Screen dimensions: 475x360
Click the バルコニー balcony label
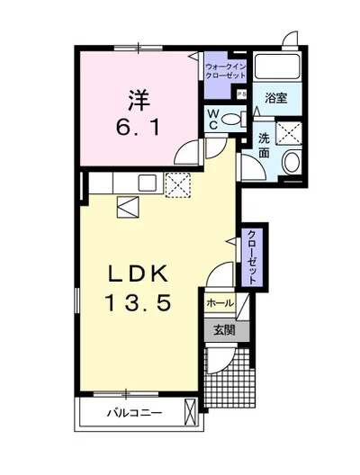click(x=134, y=415)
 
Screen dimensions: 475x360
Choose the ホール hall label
click(x=220, y=304)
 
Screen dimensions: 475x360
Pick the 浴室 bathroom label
click(x=276, y=98)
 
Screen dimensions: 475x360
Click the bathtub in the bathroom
click(x=278, y=67)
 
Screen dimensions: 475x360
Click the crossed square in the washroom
click(x=292, y=133)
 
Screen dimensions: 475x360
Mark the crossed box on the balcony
click(x=189, y=413)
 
